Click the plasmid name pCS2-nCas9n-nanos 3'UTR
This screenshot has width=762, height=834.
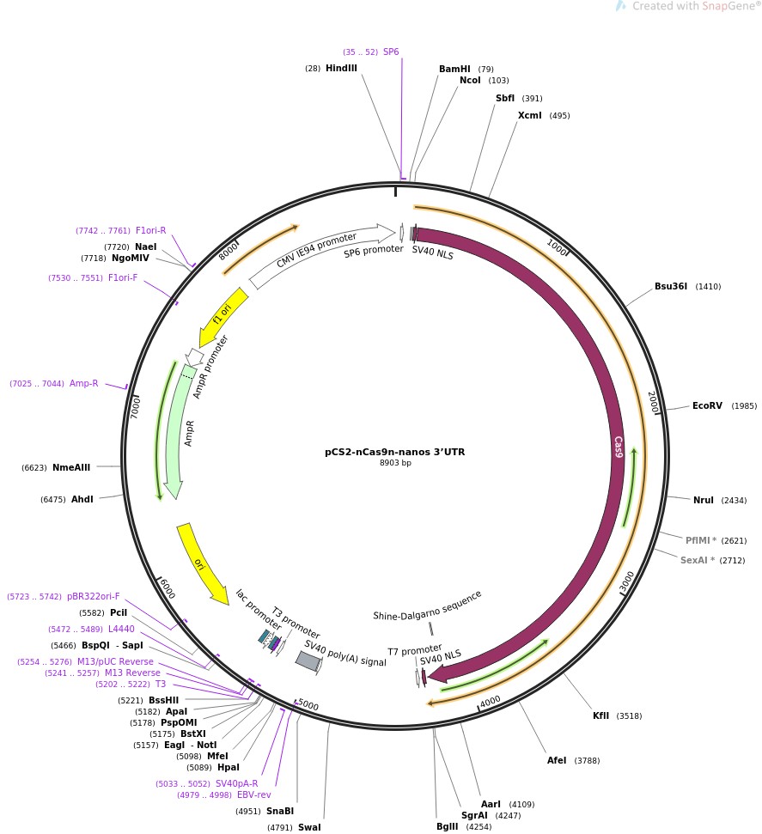click(394, 451)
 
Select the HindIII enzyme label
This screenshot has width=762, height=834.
click(341, 68)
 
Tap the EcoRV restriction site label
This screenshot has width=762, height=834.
click(707, 405)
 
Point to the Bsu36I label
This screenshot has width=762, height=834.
click(671, 286)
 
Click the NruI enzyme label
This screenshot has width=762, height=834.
click(703, 500)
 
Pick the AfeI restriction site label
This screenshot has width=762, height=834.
click(557, 760)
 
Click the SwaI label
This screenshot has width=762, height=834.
click(309, 828)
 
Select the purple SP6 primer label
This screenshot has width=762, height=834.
click(391, 52)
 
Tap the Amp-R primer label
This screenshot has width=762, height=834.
click(83, 383)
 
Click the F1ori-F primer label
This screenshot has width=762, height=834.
click(123, 277)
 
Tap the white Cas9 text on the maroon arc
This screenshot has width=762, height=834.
click(618, 447)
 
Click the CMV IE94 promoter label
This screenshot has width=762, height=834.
click(316, 249)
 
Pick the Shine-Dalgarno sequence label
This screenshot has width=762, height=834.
click(427, 605)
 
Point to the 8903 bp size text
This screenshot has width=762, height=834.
click(395, 463)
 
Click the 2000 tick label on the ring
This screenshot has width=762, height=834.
click(653, 402)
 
